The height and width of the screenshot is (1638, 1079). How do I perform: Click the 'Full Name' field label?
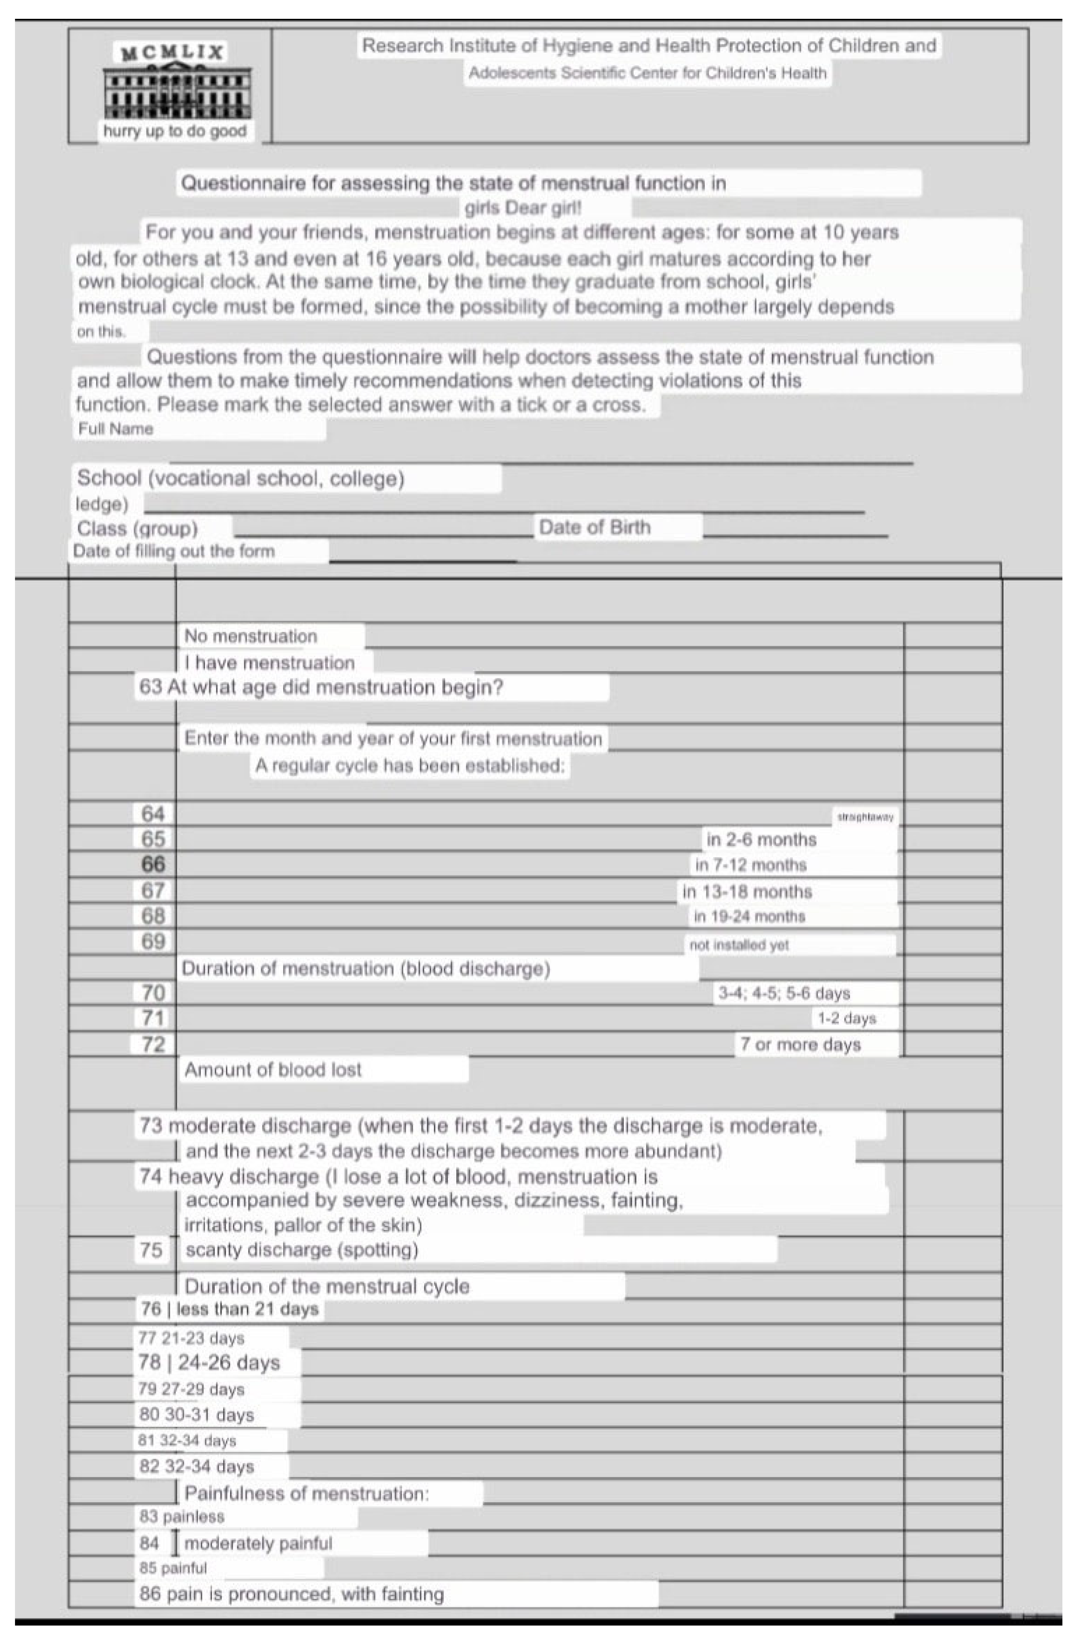[116, 429]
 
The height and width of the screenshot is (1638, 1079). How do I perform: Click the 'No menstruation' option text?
[251, 636]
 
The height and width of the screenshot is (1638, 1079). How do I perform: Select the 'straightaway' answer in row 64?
[865, 817]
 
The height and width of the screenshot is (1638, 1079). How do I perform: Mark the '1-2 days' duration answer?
[846, 1018]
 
